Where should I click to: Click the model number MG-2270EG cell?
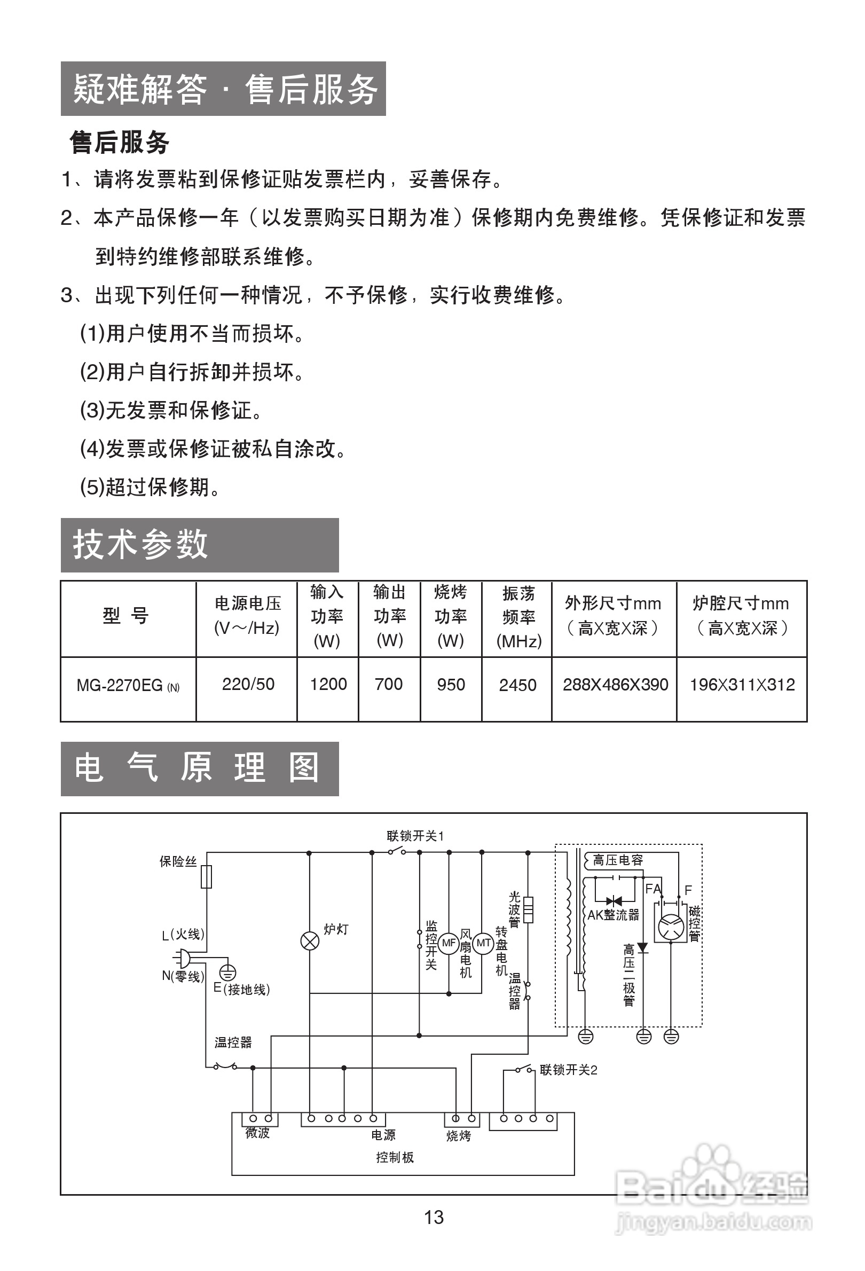point(128,686)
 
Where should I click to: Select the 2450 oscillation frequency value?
point(517,685)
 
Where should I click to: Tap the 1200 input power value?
point(328,684)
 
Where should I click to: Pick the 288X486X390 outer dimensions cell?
point(615,685)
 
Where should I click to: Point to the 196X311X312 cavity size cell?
point(742,685)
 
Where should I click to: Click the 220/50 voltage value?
point(248,684)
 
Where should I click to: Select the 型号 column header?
point(126,616)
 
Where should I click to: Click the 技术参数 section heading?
point(141,545)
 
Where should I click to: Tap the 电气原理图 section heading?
point(197,768)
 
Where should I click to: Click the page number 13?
point(434,1218)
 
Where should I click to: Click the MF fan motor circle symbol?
point(449,943)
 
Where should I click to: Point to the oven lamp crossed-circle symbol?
point(310,941)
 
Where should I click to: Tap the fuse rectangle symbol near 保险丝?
point(207,877)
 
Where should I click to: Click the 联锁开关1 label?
point(415,836)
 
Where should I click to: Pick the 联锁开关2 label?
point(568,1070)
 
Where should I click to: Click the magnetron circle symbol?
point(671,928)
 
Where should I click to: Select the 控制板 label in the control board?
point(395,1157)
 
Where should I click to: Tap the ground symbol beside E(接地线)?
point(228,972)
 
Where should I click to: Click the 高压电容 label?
point(618,860)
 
